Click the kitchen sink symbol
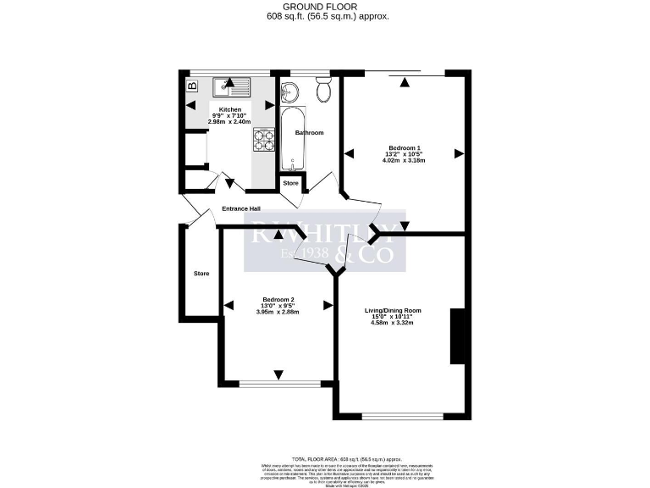point(230,85)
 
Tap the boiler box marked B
point(192,86)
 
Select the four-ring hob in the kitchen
point(264,139)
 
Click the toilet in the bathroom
point(323,90)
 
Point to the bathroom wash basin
point(289,91)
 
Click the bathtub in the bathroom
point(293,140)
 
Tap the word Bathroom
point(309,133)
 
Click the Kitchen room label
point(230,110)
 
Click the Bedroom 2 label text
point(278,300)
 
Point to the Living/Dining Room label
point(393,311)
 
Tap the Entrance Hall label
point(241,208)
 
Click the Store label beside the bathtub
point(290,183)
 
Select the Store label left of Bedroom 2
point(201,274)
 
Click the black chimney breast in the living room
point(458,336)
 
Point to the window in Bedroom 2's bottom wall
point(276,384)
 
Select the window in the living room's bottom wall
point(402,416)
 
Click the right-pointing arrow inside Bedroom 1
point(459,153)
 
